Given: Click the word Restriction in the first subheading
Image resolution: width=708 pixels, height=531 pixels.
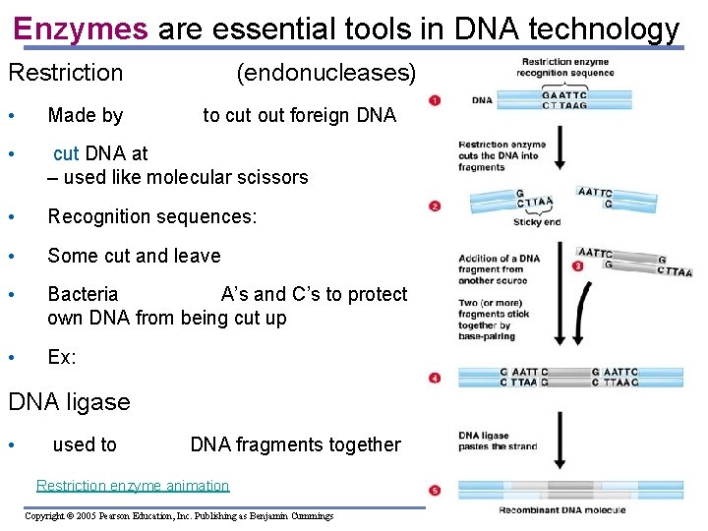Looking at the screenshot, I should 66,73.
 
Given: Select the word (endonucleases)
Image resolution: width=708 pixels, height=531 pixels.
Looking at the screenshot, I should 326,73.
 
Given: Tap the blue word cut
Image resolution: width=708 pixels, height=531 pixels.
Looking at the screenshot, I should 66,153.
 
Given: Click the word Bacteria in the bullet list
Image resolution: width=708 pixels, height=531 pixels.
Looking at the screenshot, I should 83,294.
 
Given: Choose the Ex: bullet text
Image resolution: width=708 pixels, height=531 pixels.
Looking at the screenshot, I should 62,357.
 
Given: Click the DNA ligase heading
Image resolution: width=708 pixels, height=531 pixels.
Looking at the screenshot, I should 69,402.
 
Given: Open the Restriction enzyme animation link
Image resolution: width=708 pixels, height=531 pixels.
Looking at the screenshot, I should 133,486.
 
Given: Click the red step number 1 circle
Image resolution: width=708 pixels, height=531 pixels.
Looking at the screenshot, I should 435,100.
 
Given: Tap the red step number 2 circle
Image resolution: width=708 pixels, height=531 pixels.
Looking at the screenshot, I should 435,206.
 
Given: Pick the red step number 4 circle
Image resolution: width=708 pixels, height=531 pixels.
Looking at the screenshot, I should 435,378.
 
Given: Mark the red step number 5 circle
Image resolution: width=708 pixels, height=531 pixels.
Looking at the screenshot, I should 435,490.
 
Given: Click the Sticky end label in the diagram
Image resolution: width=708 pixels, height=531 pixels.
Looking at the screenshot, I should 537,222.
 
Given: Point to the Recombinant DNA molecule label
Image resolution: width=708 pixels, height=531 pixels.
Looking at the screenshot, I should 562,510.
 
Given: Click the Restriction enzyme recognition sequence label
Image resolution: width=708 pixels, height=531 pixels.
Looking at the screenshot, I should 565,68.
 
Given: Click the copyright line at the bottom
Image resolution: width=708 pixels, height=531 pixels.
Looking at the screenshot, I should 179,515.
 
